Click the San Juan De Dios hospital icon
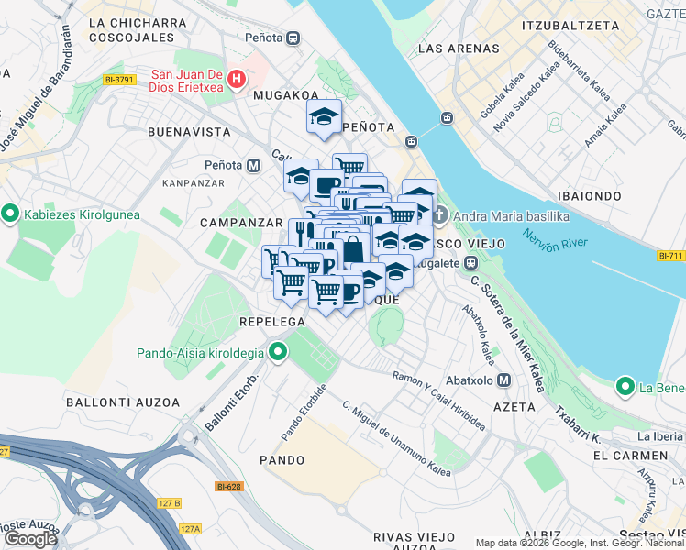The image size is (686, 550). pyautogui.click(x=237, y=80)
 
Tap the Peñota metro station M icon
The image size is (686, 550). pyautogui.click(x=254, y=165)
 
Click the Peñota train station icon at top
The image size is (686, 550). pyautogui.click(x=293, y=38)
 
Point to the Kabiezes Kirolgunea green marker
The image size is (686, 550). pyautogui.click(x=11, y=214)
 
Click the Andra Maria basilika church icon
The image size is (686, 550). pyautogui.click(x=439, y=215)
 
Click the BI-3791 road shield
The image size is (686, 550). pyautogui.click(x=120, y=80)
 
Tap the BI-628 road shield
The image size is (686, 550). pyautogui.click(x=228, y=487)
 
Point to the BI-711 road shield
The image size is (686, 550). pyautogui.click(x=671, y=256)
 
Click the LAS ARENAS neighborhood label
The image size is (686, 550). pyautogui.click(x=460, y=49)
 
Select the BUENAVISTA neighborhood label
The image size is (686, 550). pyautogui.click(x=188, y=132)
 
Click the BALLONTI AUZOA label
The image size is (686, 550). pyautogui.click(x=114, y=401)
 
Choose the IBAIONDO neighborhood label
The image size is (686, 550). pyautogui.click(x=590, y=196)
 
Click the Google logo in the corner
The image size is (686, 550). pyautogui.click(x=30, y=538)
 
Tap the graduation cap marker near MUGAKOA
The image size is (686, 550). pyautogui.click(x=324, y=117)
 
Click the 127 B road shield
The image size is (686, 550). pyautogui.click(x=168, y=502)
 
